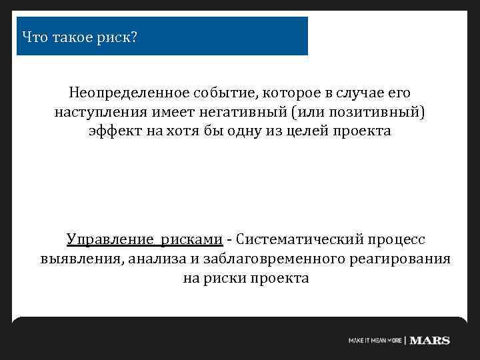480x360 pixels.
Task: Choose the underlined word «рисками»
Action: click(193, 239)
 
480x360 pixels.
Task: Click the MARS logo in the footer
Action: click(430, 341)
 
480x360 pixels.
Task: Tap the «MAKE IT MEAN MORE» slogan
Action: click(375, 341)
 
